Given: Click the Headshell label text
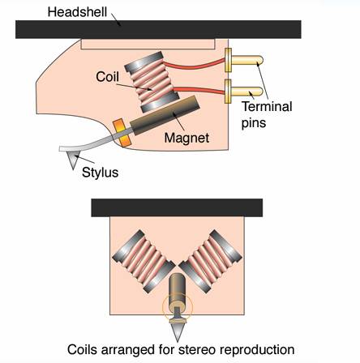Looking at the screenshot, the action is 77,12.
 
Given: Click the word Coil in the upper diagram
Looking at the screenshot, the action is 107,77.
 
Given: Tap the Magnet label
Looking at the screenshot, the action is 186,138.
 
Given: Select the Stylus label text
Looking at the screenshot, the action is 100,173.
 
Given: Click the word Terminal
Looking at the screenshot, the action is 267,107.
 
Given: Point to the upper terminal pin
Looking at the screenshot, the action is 244,60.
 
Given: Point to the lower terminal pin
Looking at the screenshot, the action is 244,92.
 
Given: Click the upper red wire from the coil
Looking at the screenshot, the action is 194,64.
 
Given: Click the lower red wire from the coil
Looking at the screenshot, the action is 199,91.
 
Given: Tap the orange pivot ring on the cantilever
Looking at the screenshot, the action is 122,133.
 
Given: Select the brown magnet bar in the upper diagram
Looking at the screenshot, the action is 165,115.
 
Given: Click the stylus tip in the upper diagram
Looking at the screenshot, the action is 73,168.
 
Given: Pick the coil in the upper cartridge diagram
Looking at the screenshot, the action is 152,83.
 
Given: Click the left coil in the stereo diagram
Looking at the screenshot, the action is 144,262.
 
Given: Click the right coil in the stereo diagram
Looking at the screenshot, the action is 210,262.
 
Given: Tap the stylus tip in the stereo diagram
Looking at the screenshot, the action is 178,340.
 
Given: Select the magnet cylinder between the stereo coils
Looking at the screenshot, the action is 177,290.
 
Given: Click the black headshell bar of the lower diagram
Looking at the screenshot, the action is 177,207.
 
